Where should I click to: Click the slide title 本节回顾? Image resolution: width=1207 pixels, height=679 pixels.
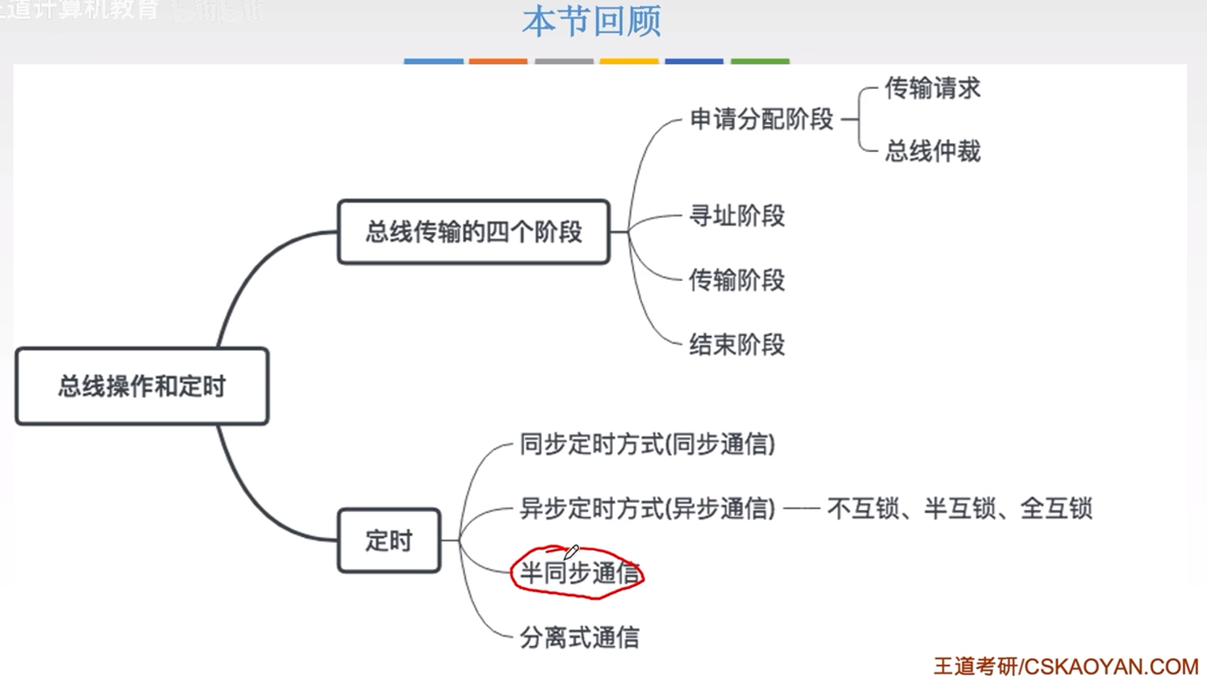coord(591,22)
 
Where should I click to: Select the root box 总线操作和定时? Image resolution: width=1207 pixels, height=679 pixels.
coord(142,386)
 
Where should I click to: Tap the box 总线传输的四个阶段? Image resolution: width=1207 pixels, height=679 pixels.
coord(474,232)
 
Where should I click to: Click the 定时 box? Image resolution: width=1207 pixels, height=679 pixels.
coord(389,541)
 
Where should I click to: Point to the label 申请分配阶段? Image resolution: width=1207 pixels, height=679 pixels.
coord(761,120)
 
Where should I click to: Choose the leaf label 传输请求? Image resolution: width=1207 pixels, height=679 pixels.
coord(932,89)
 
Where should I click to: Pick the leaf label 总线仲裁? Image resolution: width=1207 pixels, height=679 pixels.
coord(932,151)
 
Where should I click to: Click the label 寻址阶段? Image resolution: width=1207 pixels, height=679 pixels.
coord(736,216)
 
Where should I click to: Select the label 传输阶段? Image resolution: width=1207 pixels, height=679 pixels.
coord(736,280)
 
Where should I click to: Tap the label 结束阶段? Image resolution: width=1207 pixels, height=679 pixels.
coord(736,345)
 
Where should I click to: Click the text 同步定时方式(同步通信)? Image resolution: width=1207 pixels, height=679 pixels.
coord(647,444)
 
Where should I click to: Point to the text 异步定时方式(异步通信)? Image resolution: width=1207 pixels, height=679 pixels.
coord(647,508)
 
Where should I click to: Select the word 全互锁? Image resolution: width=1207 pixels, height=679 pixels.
coord(1055,508)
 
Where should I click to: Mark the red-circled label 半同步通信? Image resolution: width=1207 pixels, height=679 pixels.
coord(579,573)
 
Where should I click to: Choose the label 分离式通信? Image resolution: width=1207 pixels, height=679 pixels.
coord(579,638)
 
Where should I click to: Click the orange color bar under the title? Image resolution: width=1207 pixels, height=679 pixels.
coord(498,61)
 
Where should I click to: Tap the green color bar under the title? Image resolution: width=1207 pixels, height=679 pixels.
coord(759,61)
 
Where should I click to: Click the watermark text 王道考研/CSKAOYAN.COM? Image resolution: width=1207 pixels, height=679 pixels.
coord(1066,666)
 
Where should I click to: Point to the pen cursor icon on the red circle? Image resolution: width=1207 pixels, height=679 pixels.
coord(571,552)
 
